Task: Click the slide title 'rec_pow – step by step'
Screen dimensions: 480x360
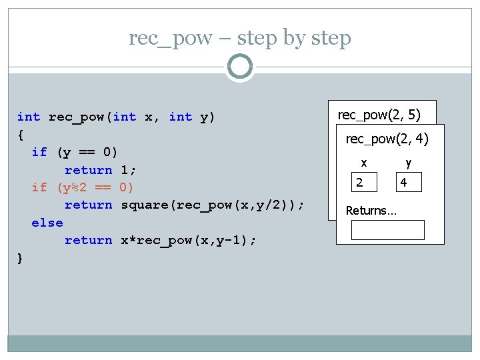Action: [x=240, y=38]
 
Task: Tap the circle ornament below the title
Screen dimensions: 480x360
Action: [x=240, y=67]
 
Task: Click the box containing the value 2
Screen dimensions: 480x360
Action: [x=365, y=183]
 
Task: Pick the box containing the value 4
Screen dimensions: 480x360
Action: [x=409, y=183]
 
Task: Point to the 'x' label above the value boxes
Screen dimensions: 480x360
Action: [x=363, y=163]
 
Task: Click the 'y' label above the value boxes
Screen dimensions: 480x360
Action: [x=408, y=163]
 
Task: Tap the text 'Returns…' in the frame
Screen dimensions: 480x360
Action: [x=371, y=211]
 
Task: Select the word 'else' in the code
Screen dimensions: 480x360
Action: [x=47, y=223]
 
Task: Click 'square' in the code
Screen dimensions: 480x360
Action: [x=145, y=205]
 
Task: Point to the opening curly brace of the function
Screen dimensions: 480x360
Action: [x=21, y=135]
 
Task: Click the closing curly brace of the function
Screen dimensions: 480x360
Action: [x=21, y=258]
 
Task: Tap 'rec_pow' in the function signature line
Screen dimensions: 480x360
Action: [x=77, y=117]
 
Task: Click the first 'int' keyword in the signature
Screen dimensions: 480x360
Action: [x=29, y=117]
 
